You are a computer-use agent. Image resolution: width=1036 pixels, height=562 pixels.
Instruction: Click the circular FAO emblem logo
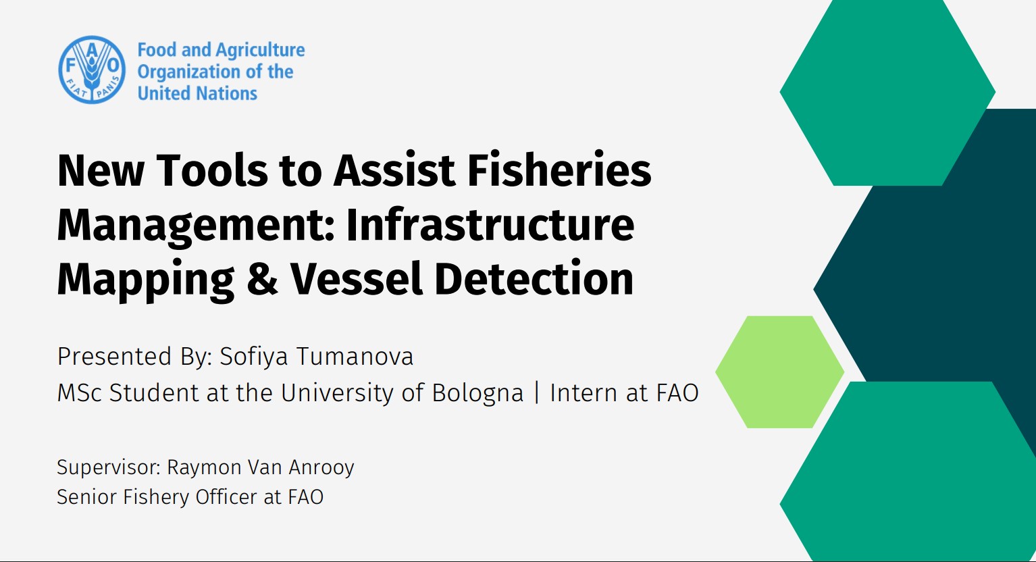(92, 70)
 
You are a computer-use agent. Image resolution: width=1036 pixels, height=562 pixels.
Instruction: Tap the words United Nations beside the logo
(197, 93)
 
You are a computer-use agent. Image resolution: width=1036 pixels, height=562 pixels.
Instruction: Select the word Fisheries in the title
(559, 170)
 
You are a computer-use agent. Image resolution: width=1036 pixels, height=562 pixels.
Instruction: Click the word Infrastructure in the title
(490, 225)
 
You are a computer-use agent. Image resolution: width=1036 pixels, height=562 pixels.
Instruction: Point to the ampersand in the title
(262, 278)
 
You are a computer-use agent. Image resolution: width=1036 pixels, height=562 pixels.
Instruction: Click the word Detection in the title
(534, 278)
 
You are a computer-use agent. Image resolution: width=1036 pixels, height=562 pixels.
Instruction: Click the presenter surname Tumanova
(355, 356)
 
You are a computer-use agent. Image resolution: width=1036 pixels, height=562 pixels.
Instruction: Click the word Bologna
(477, 394)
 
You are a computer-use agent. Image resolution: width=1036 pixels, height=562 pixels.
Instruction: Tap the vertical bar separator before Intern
(536, 392)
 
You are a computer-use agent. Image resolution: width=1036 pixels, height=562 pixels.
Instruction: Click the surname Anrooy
(321, 468)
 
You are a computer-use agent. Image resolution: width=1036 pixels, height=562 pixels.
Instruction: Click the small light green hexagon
(780, 372)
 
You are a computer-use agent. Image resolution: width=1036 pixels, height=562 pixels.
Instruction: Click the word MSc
(79, 393)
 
